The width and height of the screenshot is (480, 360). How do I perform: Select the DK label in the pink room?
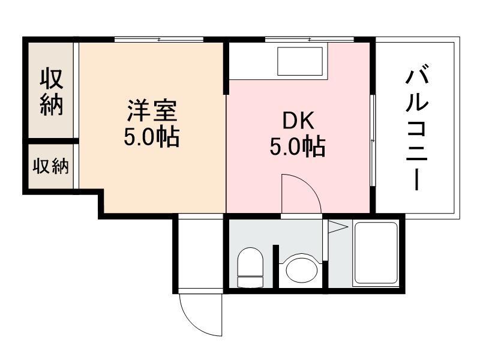(298, 121)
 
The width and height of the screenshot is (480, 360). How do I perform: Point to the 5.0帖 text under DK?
(298, 147)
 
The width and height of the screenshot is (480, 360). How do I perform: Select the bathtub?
(376, 254)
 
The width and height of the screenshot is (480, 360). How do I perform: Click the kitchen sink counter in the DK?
(300, 60)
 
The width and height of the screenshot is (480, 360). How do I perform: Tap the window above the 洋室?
(159, 40)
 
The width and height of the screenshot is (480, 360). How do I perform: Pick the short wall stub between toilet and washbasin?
(276, 264)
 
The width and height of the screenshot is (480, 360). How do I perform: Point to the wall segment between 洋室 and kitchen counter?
(226, 67)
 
